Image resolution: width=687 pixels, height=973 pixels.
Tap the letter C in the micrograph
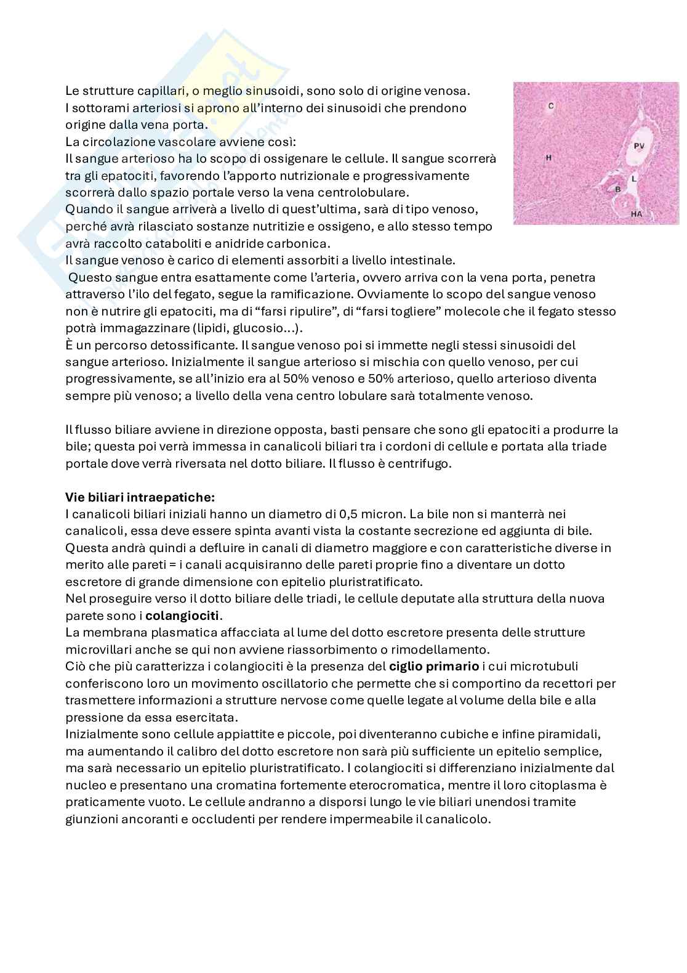tap(551, 106)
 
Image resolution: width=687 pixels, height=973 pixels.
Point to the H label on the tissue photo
tap(548, 158)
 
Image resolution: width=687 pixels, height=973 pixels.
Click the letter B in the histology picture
tap(617, 189)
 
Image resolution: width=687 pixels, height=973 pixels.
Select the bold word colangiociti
tap(183, 615)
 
